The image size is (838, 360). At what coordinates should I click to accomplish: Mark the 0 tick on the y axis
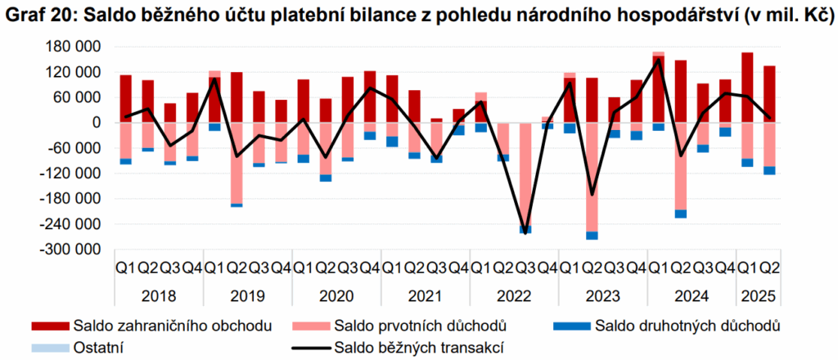97,123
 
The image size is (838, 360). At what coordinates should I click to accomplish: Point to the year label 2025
757,298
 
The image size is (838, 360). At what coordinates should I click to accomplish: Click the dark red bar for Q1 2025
747,88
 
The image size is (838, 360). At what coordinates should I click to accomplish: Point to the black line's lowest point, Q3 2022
525,234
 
